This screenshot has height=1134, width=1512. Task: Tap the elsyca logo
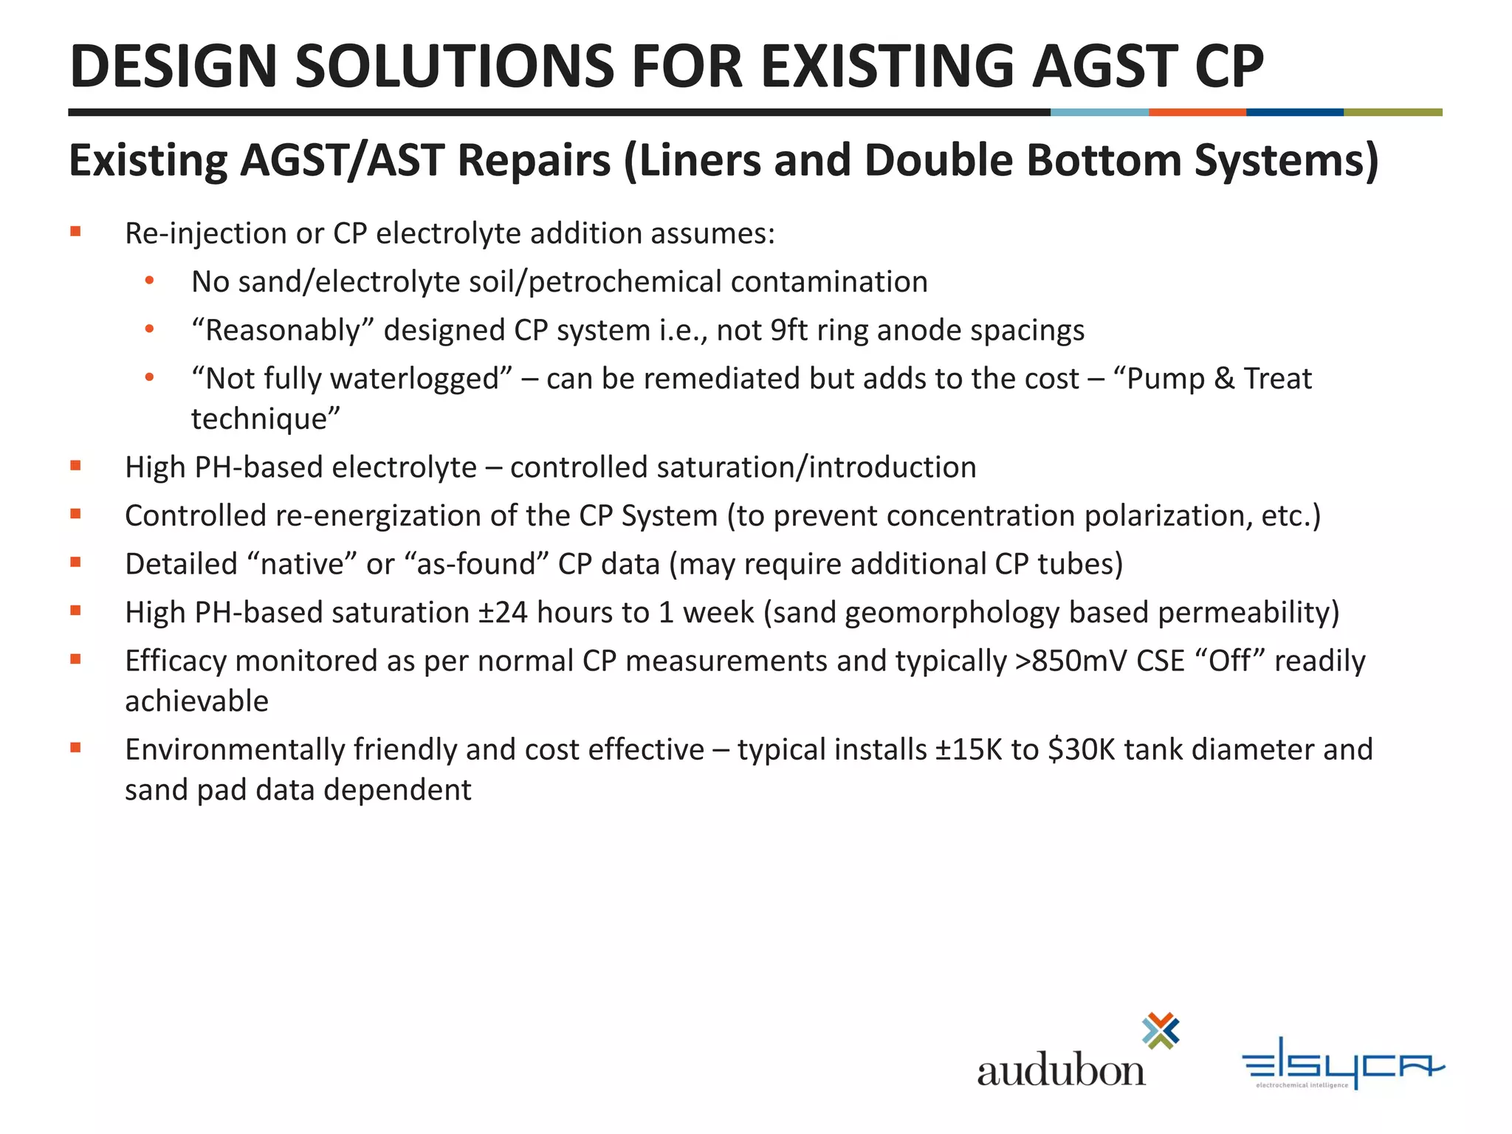[x=1342, y=1063]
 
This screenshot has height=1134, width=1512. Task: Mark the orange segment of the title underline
[x=1197, y=112]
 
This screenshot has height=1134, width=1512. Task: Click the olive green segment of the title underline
[x=1392, y=112]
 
